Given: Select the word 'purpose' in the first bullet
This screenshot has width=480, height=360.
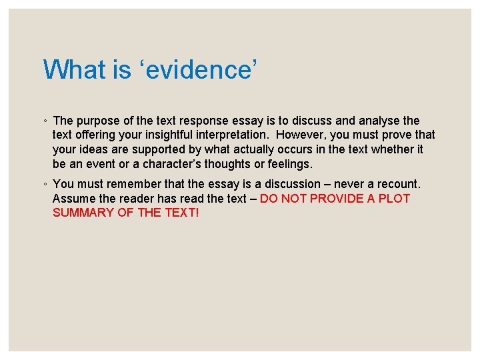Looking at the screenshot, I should point(97,121).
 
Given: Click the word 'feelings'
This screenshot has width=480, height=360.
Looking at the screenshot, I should point(289,164).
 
